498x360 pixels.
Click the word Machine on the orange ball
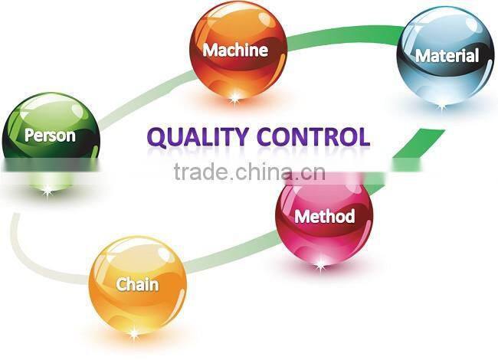235,51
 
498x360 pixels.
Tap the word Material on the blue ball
447,55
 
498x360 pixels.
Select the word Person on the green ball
50,136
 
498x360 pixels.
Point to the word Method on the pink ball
325,216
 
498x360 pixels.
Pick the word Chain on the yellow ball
138,284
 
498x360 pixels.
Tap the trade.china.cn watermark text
250,172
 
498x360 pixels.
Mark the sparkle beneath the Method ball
320,264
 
